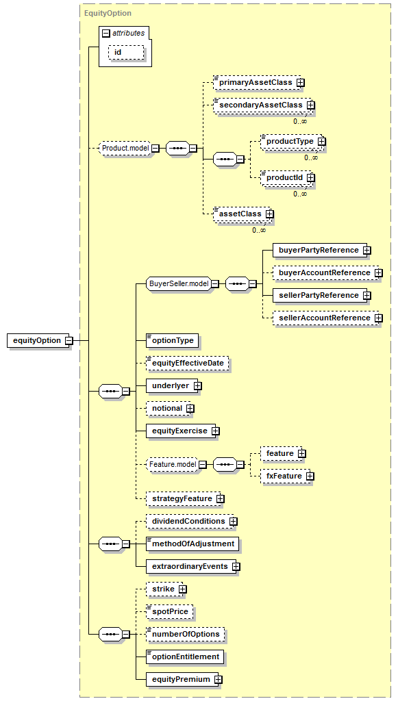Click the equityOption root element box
(38, 341)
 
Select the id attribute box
(126, 52)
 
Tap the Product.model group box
(125, 148)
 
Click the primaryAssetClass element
(256, 83)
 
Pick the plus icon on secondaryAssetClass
(311, 105)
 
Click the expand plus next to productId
(311, 177)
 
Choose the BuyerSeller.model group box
(179, 283)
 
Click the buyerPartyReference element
(319, 251)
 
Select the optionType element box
(173, 341)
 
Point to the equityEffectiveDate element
(188, 363)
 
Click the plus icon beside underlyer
(198, 386)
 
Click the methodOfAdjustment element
(192, 544)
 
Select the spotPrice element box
(170, 611)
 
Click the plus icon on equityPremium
(219, 680)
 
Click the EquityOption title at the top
(108, 13)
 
